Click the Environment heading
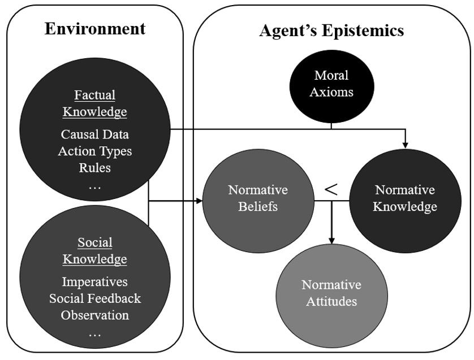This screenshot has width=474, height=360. (95, 28)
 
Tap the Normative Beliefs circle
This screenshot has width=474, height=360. (257, 198)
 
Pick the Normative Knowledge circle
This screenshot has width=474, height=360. (406, 198)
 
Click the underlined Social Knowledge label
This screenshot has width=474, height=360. (94, 251)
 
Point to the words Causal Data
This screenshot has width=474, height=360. (94, 135)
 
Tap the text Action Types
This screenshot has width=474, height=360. (94, 151)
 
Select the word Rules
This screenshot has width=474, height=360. (94, 167)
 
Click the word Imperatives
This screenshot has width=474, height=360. (94, 281)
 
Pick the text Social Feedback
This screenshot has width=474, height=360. (94, 298)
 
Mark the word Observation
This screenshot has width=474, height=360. (94, 315)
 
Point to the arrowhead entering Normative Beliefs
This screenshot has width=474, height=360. (199, 201)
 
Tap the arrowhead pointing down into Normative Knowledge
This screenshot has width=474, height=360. (406, 145)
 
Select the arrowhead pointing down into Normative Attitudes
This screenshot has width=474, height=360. (331, 240)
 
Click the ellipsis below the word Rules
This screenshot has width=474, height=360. (94, 185)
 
